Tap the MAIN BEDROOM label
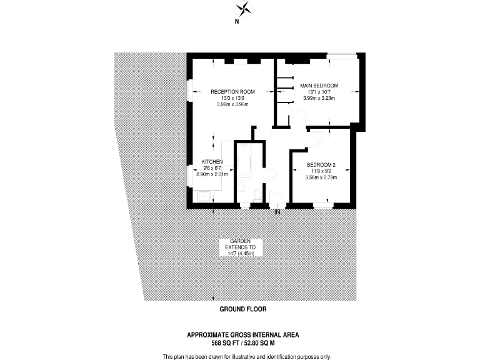click(319, 85)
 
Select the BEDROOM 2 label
click(321, 164)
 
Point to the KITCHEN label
click(212, 161)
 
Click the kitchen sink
click(204, 196)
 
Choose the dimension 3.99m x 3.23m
click(319, 99)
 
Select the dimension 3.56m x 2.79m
click(321, 177)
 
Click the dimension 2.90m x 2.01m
click(212, 174)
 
